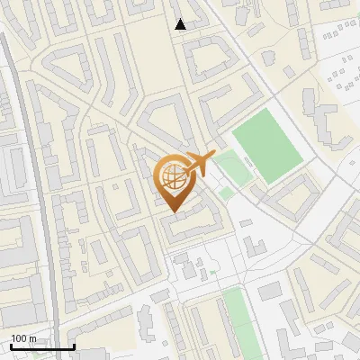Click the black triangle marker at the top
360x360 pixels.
point(181,24)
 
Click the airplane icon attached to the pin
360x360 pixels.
point(199,163)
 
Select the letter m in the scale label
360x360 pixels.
point(32,338)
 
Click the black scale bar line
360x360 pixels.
point(41,346)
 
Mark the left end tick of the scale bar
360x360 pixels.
point(11,345)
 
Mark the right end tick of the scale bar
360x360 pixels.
point(73,345)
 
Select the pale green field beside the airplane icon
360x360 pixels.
point(231,167)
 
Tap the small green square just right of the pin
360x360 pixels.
point(225,193)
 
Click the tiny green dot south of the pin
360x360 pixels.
point(213,272)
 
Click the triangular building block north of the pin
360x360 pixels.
point(166,122)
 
